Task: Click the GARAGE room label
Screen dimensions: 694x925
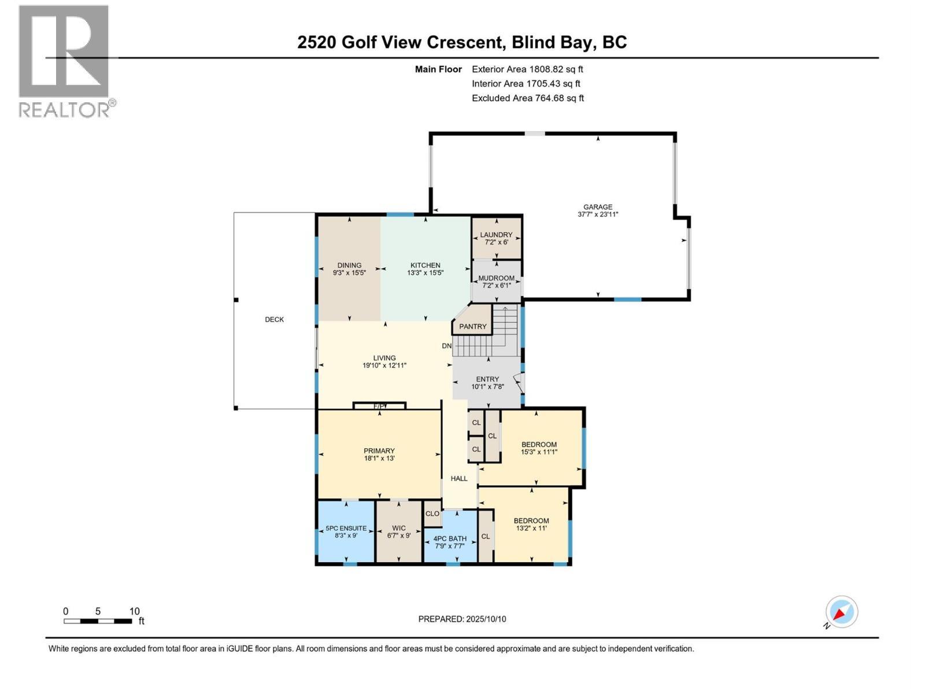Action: [597, 207]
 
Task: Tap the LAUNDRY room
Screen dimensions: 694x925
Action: [496, 238]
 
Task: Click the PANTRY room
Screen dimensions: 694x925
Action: [473, 326]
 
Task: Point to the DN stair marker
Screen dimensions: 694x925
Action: [446, 346]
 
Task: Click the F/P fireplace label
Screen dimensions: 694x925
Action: [379, 407]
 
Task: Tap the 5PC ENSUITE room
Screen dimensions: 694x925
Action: [346, 531]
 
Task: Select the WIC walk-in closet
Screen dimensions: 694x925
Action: [398, 531]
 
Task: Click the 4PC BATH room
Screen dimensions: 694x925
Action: [450, 541]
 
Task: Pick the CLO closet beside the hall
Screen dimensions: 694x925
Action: [432, 514]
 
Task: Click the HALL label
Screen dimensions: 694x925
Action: [459, 478]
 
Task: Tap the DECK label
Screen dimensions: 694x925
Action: [274, 319]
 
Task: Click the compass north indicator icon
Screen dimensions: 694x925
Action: [841, 612]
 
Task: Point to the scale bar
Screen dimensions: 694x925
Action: [98, 621]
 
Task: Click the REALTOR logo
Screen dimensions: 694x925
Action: [64, 61]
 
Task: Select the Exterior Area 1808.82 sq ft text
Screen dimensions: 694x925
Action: [527, 69]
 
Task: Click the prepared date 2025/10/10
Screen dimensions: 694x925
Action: [462, 619]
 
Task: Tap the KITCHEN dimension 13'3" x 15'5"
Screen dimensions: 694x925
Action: [425, 272]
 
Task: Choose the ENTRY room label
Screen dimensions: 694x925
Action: [487, 379]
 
